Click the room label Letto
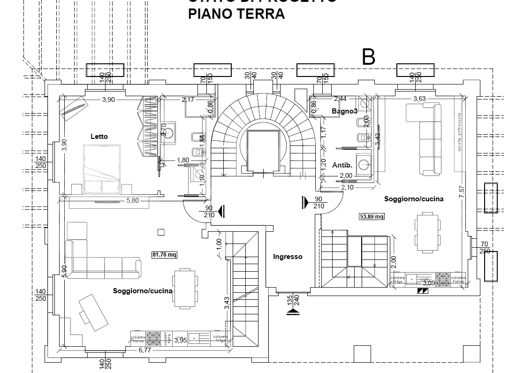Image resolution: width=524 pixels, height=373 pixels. tap(99, 137)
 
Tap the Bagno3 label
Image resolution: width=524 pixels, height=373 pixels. tap(345, 111)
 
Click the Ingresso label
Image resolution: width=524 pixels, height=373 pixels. tap(288, 257)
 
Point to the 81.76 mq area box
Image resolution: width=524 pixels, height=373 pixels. tap(164, 255)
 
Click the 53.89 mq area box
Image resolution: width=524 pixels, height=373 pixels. tap(372, 216)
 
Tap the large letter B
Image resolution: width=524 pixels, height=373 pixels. tap(369, 57)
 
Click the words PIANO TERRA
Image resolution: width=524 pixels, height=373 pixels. tap(236, 14)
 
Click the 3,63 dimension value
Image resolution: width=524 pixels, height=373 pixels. tap(419, 99)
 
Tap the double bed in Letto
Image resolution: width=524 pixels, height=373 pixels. tap(102, 169)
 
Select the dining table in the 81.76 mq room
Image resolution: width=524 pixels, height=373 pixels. tap(184, 288)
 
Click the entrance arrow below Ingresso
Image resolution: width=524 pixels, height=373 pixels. tap(294, 311)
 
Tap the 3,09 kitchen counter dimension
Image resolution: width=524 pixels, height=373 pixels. tap(428, 283)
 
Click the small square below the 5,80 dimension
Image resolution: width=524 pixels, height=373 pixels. tap(161, 231)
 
